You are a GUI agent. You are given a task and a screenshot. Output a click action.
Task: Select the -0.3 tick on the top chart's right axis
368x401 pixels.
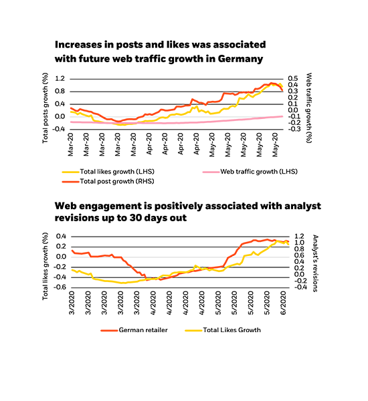293,128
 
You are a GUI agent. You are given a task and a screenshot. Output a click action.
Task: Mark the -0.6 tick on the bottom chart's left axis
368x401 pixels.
60,287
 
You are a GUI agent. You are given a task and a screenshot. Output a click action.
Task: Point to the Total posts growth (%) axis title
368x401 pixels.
45,107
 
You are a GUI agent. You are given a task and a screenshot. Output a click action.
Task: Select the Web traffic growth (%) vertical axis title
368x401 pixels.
310,104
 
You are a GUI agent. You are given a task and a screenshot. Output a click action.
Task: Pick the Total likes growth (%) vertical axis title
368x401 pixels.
45,261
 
